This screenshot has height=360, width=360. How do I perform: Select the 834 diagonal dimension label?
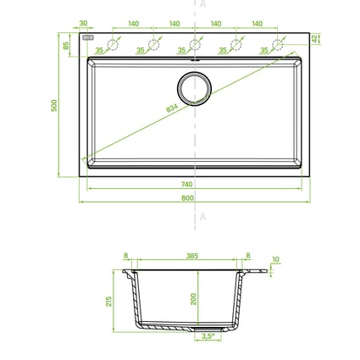(x=174, y=109)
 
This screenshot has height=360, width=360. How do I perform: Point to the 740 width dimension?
(x=187, y=183)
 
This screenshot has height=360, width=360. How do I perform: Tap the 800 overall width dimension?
(x=187, y=197)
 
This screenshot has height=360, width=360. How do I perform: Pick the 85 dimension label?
(x=66, y=45)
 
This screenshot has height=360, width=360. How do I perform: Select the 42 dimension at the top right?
(x=314, y=38)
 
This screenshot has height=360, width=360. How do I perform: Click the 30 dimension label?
(x=83, y=24)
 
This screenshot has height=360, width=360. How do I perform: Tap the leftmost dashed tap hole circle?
(x=113, y=44)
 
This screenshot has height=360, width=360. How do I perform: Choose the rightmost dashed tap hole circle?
(x=277, y=44)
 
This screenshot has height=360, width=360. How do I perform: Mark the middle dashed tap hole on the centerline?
(x=195, y=44)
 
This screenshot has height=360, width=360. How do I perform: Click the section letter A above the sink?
(x=202, y=5)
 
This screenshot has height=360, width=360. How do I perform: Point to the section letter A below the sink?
(x=202, y=217)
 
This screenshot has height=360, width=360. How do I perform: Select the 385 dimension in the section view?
(x=192, y=254)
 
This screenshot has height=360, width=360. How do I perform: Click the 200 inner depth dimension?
(x=194, y=299)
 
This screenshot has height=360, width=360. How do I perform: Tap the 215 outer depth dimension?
(x=109, y=302)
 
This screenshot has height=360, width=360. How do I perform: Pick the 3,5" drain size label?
(x=207, y=336)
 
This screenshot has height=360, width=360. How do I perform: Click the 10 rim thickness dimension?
(x=275, y=260)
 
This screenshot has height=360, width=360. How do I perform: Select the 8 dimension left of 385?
(x=125, y=254)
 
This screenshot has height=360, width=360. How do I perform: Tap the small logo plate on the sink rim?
(x=88, y=39)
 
